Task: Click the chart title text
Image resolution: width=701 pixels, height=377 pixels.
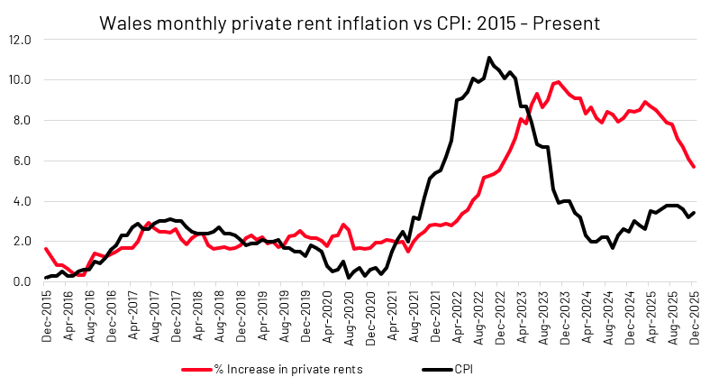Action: pos(350,19)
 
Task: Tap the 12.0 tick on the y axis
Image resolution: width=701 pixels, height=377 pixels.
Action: pos(21,40)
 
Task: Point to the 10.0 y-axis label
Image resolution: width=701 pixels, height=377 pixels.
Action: pos(21,80)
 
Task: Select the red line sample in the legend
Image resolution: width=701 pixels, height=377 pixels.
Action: pos(200,369)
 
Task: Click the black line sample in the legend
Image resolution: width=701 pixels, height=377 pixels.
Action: pos(438,369)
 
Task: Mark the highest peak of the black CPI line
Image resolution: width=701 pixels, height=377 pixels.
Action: pos(489,58)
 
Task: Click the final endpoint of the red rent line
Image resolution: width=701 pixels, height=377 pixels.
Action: pos(693,167)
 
